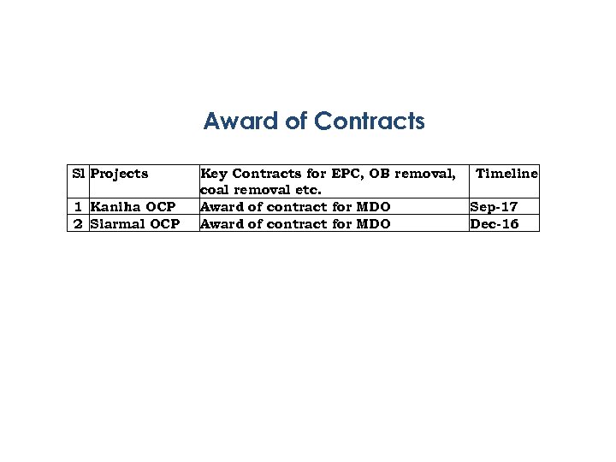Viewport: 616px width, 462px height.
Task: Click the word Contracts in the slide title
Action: (x=370, y=121)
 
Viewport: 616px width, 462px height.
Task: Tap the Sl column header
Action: (x=78, y=174)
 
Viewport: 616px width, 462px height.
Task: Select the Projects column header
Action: (x=119, y=174)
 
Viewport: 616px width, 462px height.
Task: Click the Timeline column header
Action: (x=506, y=174)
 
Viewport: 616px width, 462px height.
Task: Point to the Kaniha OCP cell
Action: (x=133, y=207)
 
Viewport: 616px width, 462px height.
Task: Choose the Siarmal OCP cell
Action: (x=134, y=224)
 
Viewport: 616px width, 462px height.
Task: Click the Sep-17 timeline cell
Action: (x=494, y=207)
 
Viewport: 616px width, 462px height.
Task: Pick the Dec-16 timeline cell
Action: (x=494, y=224)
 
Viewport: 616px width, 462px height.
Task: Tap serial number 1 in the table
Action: (x=78, y=207)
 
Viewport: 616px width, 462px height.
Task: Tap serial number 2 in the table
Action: (x=78, y=224)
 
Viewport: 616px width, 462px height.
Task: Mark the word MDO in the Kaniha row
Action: (x=373, y=207)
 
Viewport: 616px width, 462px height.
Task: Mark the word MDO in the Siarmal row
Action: (x=373, y=224)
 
